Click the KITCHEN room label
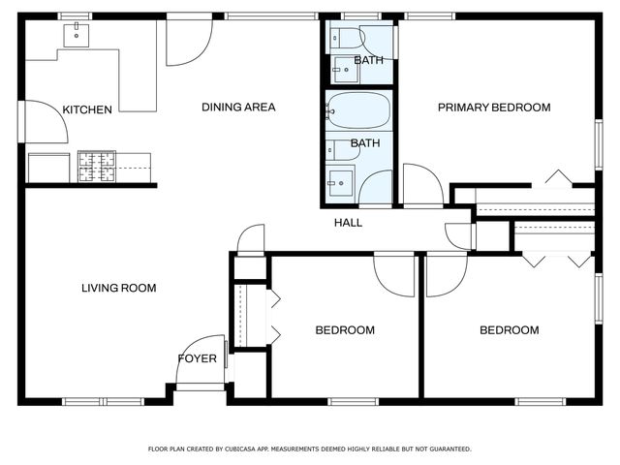(87, 109)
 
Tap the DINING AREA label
(238, 107)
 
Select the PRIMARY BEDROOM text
(494, 108)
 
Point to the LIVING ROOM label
(118, 288)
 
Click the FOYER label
(198, 358)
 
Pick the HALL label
(348, 223)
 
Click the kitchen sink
(77, 35)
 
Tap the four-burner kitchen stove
(97, 167)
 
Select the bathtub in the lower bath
(359, 110)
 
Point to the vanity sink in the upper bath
(345, 69)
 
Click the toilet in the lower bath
(342, 150)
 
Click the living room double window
(104, 402)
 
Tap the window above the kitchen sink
(76, 16)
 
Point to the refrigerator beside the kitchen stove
(49, 168)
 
